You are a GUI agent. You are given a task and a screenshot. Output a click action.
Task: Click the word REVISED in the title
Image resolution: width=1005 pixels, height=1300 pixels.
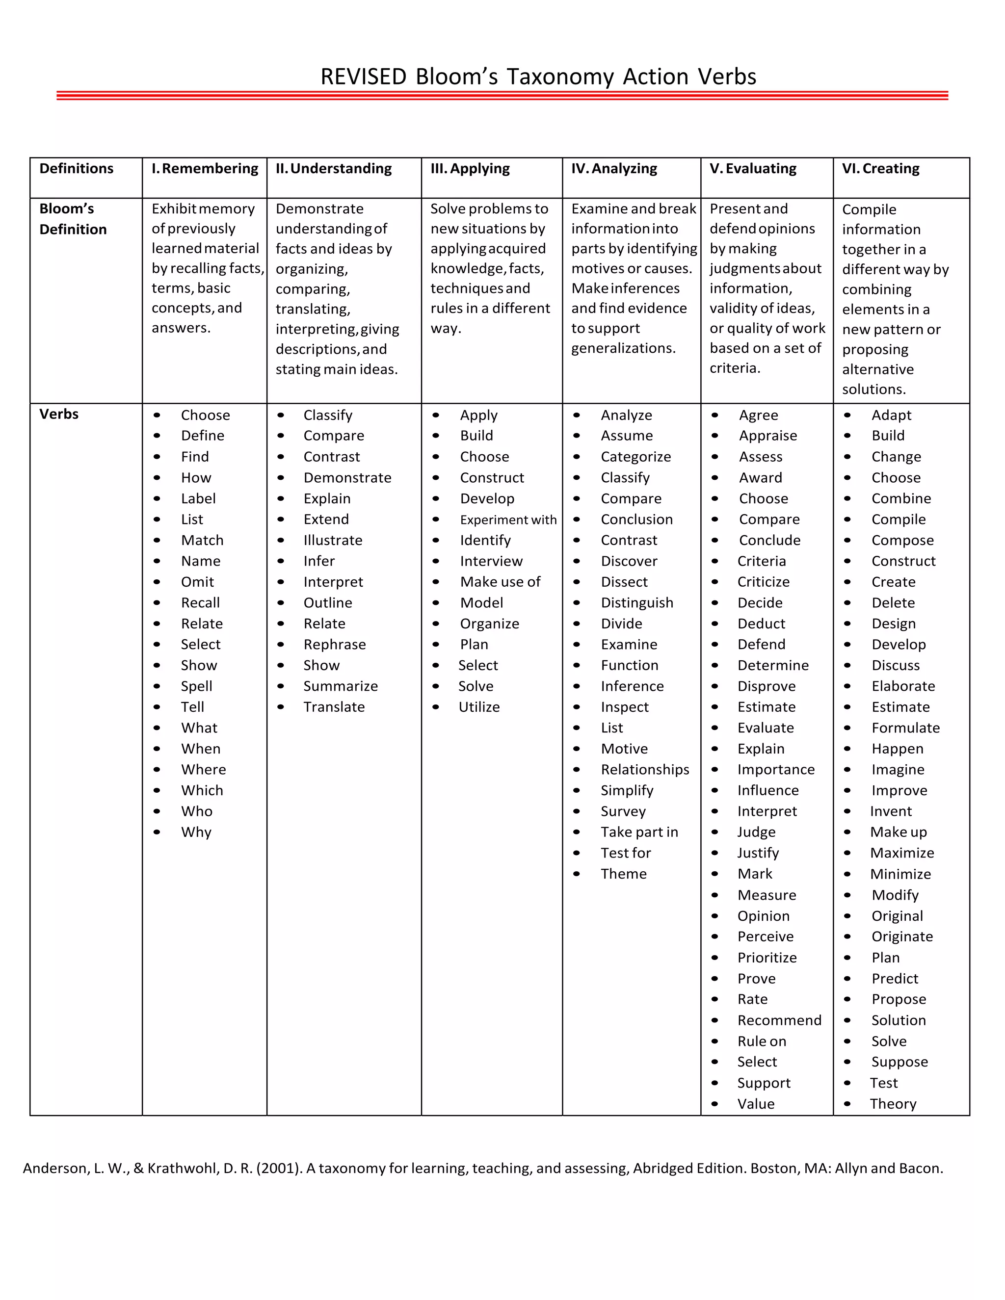[363, 77]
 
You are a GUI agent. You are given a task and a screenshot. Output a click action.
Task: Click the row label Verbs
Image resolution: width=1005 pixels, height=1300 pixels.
[59, 415]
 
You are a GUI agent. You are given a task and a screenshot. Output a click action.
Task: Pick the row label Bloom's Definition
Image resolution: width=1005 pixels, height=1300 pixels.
[73, 219]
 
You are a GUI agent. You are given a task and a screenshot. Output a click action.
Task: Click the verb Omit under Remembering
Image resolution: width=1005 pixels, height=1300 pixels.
[197, 582]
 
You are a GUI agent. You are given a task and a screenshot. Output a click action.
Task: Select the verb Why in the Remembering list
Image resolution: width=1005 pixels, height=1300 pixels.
[196, 832]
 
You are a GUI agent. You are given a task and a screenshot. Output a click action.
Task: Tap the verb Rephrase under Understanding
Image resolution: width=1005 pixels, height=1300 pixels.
[334, 645]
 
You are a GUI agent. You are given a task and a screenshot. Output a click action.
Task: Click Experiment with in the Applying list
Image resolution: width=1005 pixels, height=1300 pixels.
[508, 520]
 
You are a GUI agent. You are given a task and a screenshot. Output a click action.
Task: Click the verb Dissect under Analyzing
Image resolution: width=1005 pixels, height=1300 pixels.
[624, 582]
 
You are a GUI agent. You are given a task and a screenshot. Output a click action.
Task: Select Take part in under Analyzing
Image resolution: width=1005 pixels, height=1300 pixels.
[639, 832]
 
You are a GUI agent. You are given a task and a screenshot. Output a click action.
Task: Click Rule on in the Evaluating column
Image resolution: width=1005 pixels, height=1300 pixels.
[761, 1041]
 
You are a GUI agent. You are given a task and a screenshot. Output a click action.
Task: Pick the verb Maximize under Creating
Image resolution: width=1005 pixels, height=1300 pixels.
[901, 853]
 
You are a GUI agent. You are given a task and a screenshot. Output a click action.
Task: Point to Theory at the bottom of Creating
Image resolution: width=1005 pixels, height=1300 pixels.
[893, 1104]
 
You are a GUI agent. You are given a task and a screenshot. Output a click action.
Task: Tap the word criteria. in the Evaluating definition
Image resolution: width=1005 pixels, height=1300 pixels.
[735, 368]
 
